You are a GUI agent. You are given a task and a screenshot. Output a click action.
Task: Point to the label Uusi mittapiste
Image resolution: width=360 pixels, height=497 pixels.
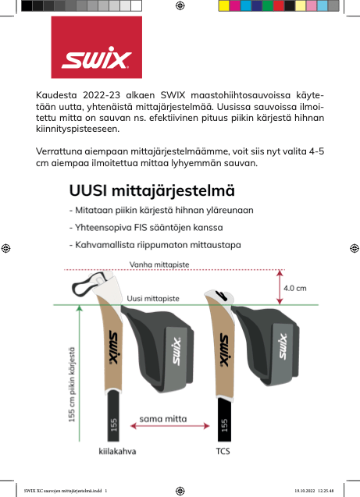coord(154,298)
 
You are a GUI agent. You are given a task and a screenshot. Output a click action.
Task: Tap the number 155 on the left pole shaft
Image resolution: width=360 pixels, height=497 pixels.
coord(114,424)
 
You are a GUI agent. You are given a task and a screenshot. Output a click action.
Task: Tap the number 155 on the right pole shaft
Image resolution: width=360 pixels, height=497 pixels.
coord(225,424)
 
